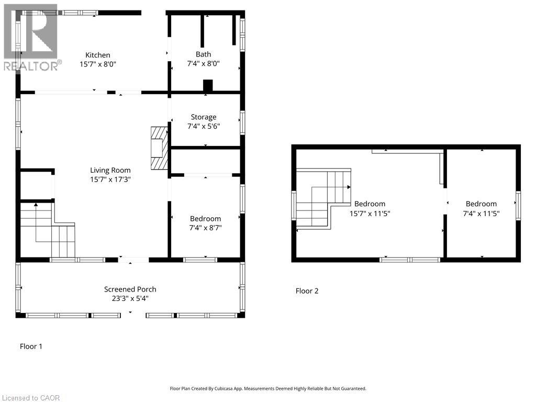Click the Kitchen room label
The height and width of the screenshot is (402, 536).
click(x=98, y=55)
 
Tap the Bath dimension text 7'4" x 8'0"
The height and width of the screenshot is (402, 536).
click(x=204, y=64)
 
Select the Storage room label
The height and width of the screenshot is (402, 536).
click(x=203, y=117)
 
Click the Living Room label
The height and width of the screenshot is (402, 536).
click(x=110, y=170)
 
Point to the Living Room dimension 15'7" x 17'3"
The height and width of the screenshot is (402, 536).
click(x=110, y=180)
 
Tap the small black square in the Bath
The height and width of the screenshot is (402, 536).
click(x=208, y=85)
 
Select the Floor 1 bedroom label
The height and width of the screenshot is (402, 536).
click(x=205, y=219)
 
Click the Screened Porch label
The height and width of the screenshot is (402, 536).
click(x=130, y=289)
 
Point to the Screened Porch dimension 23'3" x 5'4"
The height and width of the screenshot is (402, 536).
click(x=130, y=299)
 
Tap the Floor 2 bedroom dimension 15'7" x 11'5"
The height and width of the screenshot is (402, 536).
click(x=370, y=214)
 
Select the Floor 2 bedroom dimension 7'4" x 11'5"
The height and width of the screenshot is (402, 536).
click(x=481, y=214)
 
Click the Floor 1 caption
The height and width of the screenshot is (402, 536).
click(x=31, y=347)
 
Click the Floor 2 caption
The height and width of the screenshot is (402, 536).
click(x=307, y=291)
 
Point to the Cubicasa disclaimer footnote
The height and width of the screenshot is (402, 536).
click(x=268, y=388)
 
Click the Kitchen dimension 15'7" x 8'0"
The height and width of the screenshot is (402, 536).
click(x=98, y=64)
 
